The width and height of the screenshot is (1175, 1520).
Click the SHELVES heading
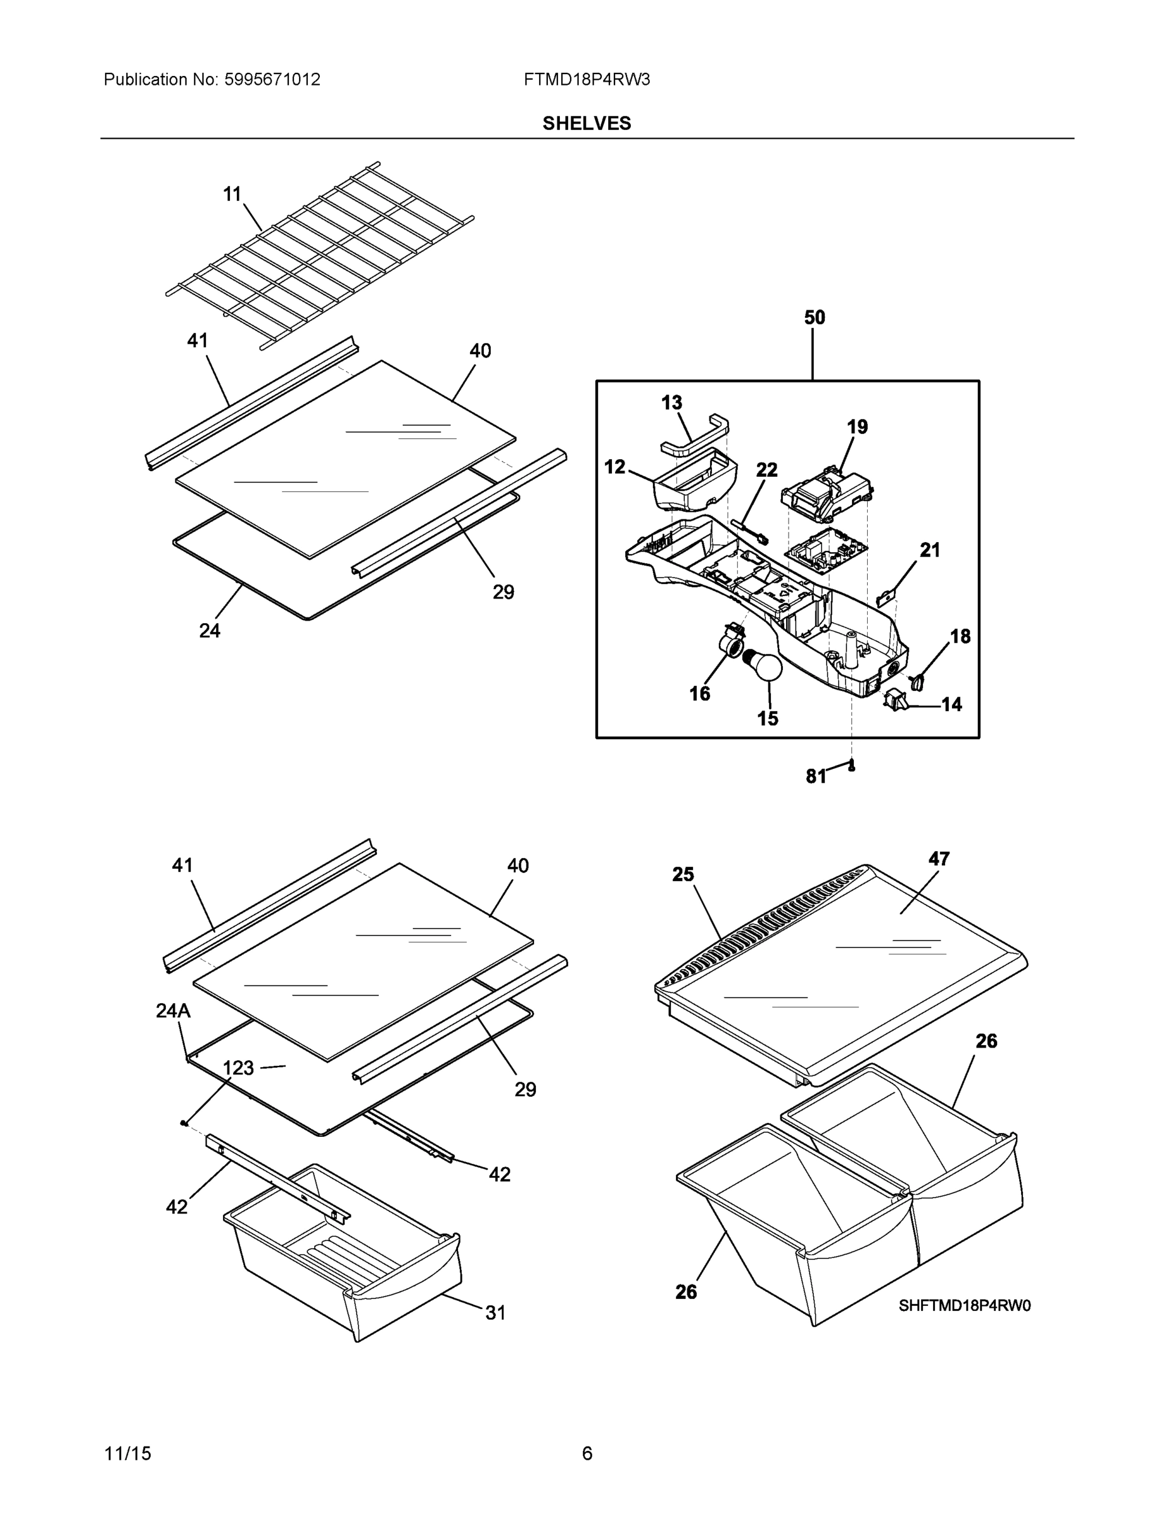(586, 123)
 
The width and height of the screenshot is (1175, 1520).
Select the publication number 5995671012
(272, 79)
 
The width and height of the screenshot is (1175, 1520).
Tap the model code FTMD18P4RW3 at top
(586, 79)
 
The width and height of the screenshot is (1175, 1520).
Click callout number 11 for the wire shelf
(232, 194)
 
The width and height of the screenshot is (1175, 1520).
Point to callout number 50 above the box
(814, 318)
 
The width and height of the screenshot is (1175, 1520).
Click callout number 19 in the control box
(857, 427)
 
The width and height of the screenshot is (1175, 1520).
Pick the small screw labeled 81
(850, 766)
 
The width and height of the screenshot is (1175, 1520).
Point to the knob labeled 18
(917, 681)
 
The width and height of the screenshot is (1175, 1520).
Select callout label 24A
(173, 1011)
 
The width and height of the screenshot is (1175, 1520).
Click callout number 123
(238, 1068)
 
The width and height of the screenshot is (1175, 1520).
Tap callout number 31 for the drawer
(495, 1313)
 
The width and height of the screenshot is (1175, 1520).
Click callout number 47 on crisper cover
(938, 859)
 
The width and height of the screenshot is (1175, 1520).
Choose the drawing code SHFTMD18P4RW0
(964, 1306)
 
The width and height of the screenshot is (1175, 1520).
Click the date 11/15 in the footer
(127, 1453)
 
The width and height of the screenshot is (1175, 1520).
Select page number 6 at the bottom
(587, 1453)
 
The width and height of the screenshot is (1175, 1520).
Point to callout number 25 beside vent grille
(683, 875)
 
